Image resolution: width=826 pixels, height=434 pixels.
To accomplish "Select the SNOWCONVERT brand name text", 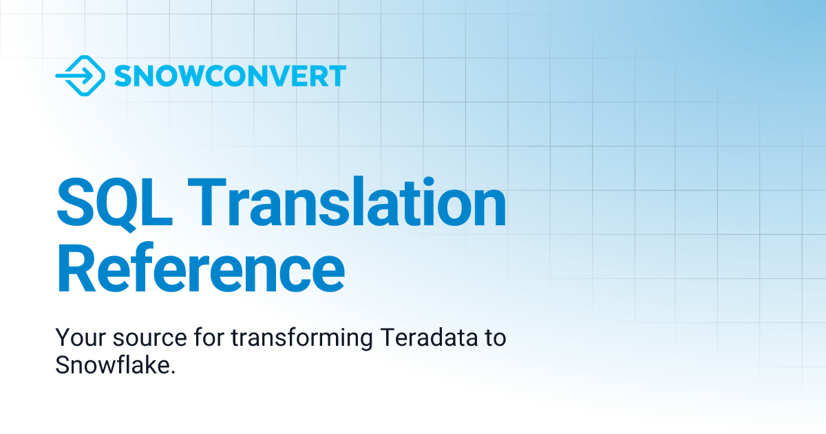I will tap(230, 76).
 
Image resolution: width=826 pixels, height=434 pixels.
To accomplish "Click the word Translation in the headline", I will tap(348, 203).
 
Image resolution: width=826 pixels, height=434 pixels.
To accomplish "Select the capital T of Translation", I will tap(206, 203).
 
